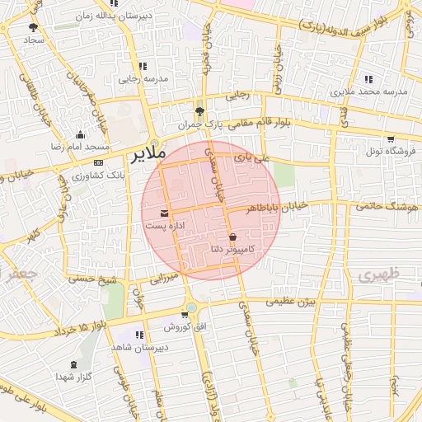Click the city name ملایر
(x=148, y=153)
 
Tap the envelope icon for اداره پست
(x=162, y=213)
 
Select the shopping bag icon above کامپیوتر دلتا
(x=233, y=237)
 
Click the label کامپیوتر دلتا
(x=233, y=248)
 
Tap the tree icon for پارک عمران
(x=199, y=111)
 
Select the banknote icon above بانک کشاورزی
(x=98, y=162)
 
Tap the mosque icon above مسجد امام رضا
(x=80, y=134)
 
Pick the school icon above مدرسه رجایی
(x=143, y=66)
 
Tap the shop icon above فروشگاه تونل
(x=390, y=138)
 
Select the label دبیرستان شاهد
(x=140, y=347)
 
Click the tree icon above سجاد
(x=33, y=27)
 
